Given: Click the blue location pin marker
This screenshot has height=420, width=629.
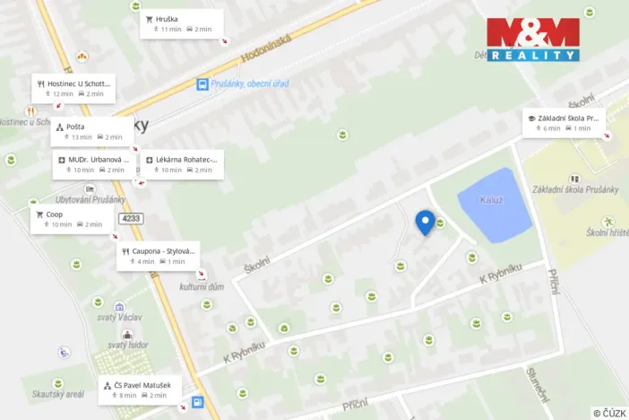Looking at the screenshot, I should (426, 222).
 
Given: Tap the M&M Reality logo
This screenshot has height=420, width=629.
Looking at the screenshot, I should (532, 39).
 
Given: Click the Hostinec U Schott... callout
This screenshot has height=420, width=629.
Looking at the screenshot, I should (74, 88).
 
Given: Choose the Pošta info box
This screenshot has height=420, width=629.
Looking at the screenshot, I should (91, 131).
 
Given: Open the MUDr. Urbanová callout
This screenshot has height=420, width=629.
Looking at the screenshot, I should (94, 164).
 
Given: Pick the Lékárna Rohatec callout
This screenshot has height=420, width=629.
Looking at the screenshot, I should (183, 164).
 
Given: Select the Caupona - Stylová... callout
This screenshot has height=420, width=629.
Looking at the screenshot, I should (158, 256).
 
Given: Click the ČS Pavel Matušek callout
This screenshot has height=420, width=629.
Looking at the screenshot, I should (141, 389).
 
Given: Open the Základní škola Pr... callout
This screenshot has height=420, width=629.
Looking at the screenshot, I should (564, 123).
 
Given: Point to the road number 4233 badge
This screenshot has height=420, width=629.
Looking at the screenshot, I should (131, 218).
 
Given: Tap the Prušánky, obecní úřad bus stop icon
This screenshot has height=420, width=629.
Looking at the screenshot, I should (203, 84).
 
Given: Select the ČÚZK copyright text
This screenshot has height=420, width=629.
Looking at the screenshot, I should (608, 412).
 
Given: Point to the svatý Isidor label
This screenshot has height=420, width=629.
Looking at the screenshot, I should (126, 346).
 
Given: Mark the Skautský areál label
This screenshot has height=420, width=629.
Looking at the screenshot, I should (58, 394).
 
